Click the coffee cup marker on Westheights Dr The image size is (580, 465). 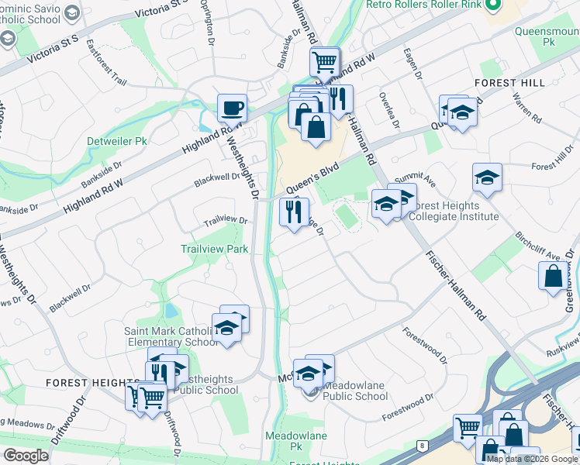tap(231, 108)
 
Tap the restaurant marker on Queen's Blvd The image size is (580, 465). tap(294, 212)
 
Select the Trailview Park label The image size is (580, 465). tap(214, 249)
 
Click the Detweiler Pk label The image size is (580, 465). tap(116, 142)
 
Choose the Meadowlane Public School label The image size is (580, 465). tap(354, 391)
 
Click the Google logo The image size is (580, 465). tap(26, 456)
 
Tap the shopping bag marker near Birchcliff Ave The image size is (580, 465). tap(552, 277)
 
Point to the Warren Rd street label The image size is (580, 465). tap(526, 108)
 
